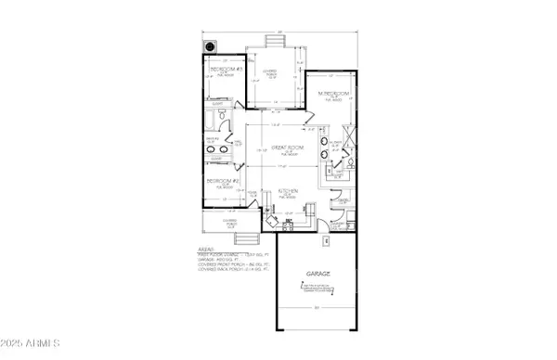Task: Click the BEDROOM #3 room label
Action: tap(225, 70)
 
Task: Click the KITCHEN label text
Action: tap(288, 190)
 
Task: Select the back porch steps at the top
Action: tap(276, 42)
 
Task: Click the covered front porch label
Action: tap(223, 222)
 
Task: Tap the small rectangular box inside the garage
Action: tap(324, 240)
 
